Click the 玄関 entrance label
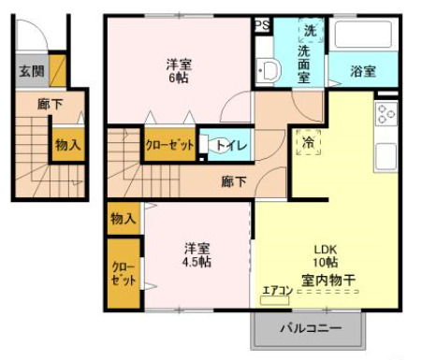pos(27,70)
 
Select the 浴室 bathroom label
pos(363,71)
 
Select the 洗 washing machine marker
pos(311,31)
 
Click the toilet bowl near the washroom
pos(268,69)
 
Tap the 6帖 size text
pos(179,79)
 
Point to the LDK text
pos(324,250)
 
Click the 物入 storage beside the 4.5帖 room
pos(124,219)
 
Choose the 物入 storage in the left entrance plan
pos(66,145)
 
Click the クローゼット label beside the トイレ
pos(169,145)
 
